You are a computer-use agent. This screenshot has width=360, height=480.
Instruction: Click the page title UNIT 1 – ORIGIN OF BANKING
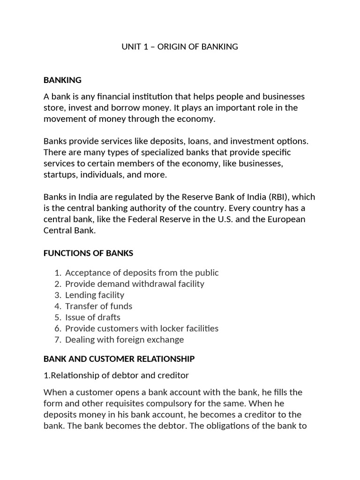[180, 47]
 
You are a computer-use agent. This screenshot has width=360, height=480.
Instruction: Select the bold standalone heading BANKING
[62, 80]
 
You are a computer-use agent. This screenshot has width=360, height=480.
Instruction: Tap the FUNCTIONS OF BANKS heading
[88, 253]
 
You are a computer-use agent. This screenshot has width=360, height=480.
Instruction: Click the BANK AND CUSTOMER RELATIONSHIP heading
[119, 359]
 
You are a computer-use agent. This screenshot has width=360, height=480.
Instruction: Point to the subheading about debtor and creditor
[116, 375]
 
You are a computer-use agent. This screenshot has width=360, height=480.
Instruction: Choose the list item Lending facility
[95, 295]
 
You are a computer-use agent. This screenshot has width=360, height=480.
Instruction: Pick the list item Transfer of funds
[99, 306]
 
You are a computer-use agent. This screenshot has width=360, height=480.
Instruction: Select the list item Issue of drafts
[93, 317]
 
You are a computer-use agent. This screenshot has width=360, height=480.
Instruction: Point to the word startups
[60, 175]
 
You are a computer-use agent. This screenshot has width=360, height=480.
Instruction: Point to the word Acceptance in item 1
[87, 272]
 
